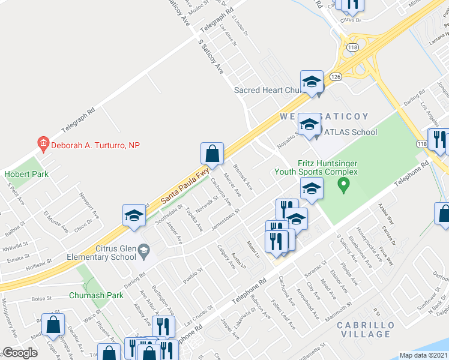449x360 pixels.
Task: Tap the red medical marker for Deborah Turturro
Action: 43,144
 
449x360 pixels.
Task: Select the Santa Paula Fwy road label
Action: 185,187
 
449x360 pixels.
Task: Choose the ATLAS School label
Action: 351,132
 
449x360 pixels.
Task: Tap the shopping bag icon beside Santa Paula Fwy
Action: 212,154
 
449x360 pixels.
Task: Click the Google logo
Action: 20,353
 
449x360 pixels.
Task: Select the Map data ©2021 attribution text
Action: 423,355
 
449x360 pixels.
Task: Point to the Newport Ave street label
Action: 87,203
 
